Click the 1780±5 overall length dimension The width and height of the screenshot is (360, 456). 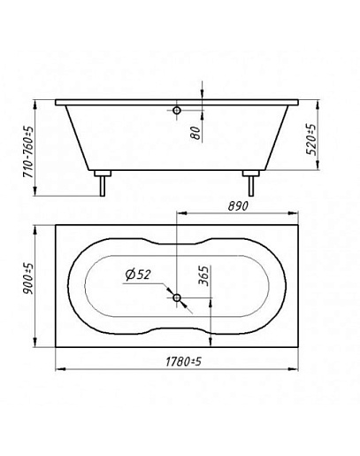(x=183, y=361)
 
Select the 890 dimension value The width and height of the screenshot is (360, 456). (x=238, y=206)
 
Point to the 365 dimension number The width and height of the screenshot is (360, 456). (x=203, y=275)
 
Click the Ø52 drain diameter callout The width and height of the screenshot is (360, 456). (x=137, y=274)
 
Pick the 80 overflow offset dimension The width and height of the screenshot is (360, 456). (x=195, y=133)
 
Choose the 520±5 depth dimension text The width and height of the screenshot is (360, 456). (x=310, y=139)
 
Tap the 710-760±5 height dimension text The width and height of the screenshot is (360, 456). (x=28, y=152)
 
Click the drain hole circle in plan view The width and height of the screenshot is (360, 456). (x=177, y=298)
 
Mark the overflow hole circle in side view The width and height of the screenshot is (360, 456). (x=177, y=111)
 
